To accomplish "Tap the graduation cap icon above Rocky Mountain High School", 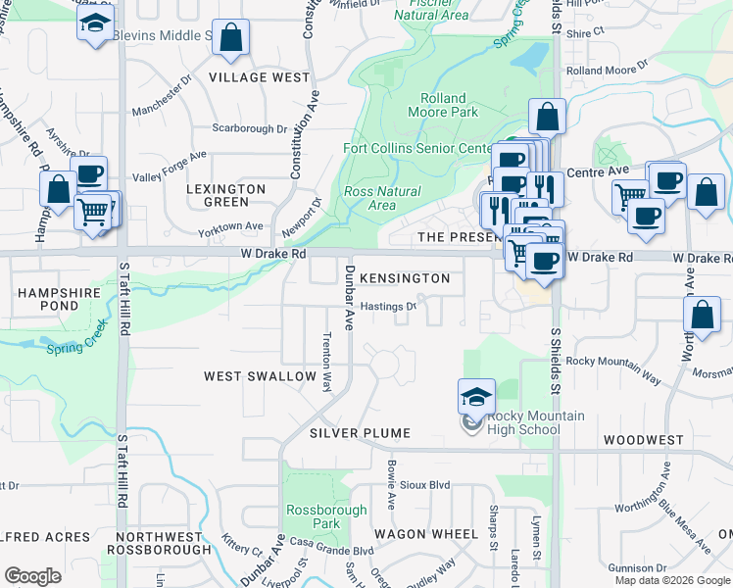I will (x=476, y=398).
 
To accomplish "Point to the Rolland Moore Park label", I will (x=449, y=105).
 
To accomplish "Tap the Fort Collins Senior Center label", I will (x=417, y=149).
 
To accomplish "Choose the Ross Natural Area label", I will (x=382, y=198).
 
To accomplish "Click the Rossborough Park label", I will (x=326, y=516).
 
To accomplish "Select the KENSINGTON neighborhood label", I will (x=404, y=279).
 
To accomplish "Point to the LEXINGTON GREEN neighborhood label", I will (x=226, y=195).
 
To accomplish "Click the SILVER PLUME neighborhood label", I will (x=360, y=432).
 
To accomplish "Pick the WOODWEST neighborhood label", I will (x=643, y=440).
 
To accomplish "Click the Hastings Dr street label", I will (x=388, y=306).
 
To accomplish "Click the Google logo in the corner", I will (x=32, y=576).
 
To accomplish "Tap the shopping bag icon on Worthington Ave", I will (x=702, y=317).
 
